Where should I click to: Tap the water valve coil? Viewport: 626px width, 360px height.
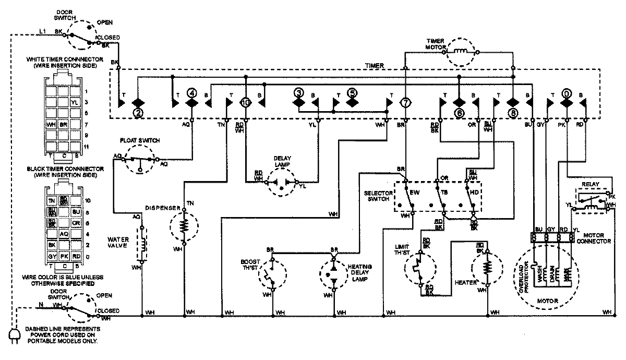140,244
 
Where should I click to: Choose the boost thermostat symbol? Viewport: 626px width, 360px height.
272,273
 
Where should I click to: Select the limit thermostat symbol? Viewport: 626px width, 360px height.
419,270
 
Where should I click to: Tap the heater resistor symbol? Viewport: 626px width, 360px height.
487,269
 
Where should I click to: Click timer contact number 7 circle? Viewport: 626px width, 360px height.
405,103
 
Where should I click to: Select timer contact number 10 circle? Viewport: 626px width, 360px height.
246,103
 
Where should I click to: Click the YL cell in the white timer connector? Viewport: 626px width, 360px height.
74,102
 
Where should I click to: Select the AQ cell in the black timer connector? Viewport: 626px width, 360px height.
63,234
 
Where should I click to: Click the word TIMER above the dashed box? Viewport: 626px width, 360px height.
374,66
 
